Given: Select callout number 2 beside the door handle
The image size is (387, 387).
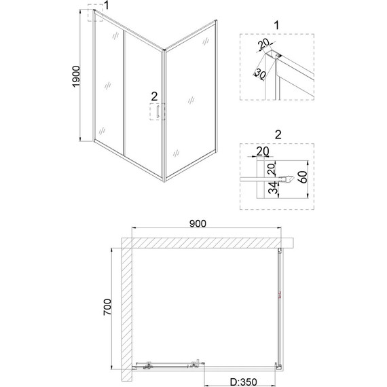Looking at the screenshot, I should tap(155, 95).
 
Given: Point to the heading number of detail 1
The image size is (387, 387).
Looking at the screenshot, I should tap(276, 25).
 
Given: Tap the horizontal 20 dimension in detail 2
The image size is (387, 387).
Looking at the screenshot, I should tap(263, 151).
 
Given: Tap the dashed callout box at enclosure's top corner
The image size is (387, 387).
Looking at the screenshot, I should tap(94, 14).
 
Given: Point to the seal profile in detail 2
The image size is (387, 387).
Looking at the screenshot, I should tap(289, 179).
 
